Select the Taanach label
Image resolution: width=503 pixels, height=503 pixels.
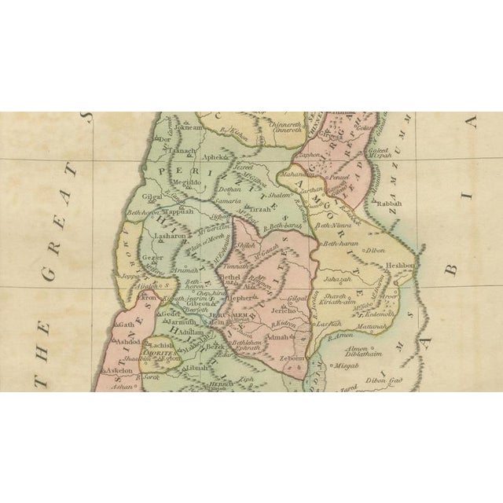click(x=184, y=152)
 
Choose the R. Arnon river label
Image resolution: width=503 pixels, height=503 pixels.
click(x=340, y=336)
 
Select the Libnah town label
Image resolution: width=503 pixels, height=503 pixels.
click(x=198, y=367)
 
